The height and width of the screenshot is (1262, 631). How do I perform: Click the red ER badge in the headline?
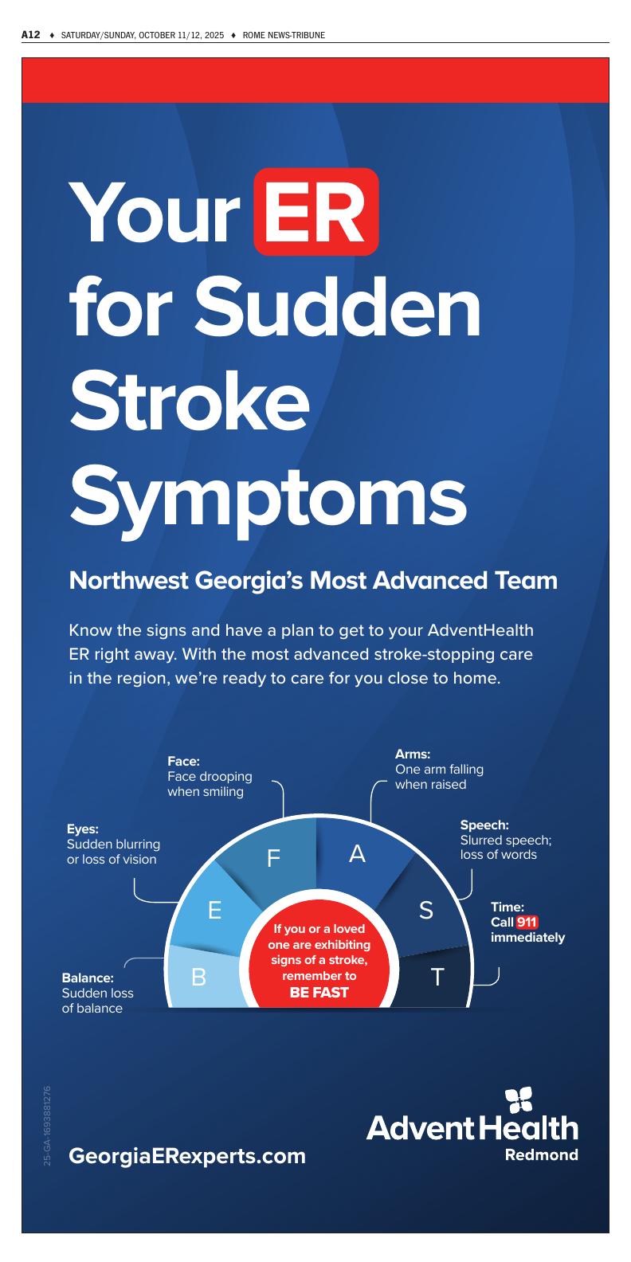[x=315, y=211]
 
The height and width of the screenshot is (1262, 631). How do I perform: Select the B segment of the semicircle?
[x=199, y=977]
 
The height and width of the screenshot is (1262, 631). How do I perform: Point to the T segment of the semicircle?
[x=437, y=977]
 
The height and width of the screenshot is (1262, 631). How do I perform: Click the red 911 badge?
[x=527, y=923]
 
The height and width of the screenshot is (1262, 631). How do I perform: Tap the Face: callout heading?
[x=183, y=761]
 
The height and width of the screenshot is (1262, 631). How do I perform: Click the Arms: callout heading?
[x=413, y=754]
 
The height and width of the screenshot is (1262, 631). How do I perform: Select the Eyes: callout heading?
[x=83, y=829]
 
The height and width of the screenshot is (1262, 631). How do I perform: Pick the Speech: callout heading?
[x=484, y=825]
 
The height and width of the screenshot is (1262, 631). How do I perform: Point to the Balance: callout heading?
[x=88, y=978]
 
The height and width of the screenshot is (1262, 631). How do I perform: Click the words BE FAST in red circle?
[x=319, y=993]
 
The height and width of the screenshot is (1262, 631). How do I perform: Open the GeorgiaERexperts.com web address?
[x=187, y=1155]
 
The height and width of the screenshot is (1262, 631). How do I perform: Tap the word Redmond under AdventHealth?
[x=542, y=1154]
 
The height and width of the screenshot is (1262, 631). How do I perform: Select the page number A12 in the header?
[x=30, y=35]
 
